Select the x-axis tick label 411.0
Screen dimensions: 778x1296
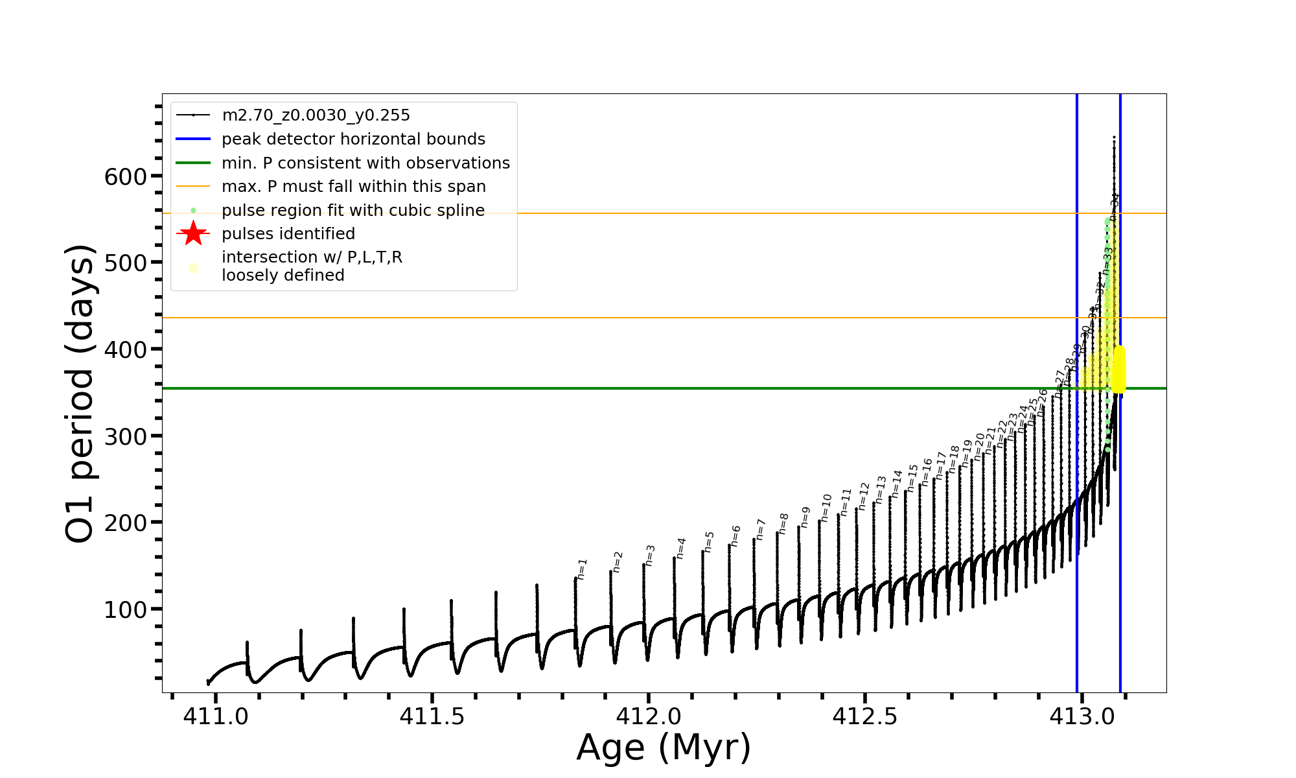(215, 716)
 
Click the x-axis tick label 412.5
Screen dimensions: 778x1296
(865, 716)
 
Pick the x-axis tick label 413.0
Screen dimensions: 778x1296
(1082, 716)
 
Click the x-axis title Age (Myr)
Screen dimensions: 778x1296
(664, 748)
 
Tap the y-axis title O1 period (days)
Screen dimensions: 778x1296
(80, 394)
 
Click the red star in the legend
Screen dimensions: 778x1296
(193, 233)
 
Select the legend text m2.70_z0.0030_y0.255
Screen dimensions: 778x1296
(316, 115)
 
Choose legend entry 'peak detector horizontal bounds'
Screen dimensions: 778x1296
(353, 139)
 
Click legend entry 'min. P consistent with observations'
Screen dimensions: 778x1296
(365, 163)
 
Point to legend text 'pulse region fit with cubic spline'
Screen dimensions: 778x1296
(353, 211)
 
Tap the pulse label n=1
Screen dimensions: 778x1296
(582, 569)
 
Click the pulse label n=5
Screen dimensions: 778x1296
(709, 541)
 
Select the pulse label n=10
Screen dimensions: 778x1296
(826, 508)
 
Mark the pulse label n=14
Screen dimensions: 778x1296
(896, 484)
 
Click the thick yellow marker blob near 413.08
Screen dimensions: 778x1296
(1119, 370)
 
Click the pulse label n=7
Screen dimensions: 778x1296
(761, 529)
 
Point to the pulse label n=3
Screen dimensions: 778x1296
(650, 555)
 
